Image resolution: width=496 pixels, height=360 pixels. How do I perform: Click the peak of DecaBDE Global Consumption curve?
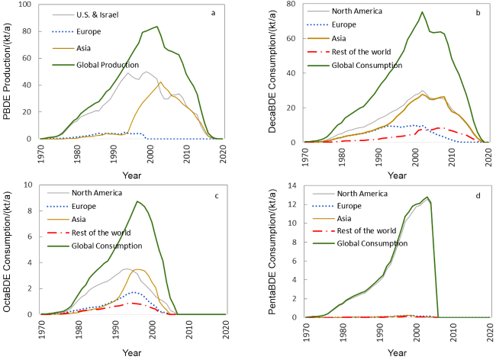422,12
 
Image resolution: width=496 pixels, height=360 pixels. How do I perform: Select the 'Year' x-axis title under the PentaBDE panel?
397,352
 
